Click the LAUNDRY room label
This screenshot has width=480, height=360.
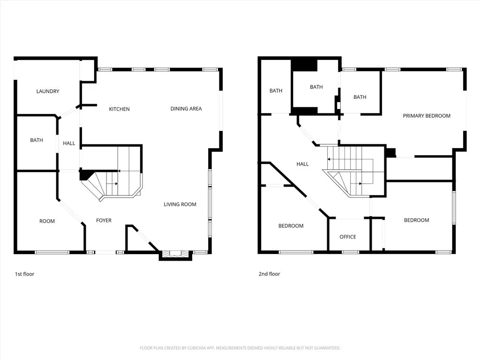pos(48,91)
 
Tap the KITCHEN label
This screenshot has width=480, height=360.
pos(120,109)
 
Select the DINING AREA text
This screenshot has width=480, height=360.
pos(186,109)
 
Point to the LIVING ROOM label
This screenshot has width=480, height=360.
pos(180,204)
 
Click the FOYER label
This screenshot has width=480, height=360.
pos(104,220)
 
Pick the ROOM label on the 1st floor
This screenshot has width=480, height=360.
pos(47,221)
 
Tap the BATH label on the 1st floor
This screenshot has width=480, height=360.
pos(37,140)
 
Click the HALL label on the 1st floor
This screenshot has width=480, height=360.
pos(69,143)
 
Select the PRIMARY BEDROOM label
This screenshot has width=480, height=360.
pos(427,116)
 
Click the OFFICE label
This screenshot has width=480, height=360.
pos(348,237)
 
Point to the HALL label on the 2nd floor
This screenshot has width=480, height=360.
pos(302,164)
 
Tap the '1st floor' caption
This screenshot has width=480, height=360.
pos(24,274)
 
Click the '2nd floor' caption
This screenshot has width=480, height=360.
pos(270,274)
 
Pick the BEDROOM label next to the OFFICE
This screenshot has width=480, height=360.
pos(291,226)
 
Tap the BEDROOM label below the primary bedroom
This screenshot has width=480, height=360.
pos(416,220)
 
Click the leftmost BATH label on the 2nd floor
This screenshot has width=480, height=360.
pos(276,90)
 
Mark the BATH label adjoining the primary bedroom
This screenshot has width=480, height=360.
pos(360,97)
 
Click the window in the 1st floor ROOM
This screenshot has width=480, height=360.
pos(52,252)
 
